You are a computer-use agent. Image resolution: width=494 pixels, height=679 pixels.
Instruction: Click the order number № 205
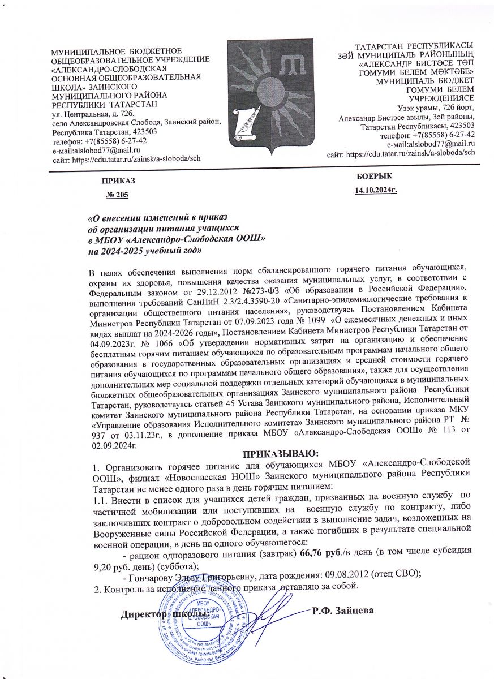tap(118, 196)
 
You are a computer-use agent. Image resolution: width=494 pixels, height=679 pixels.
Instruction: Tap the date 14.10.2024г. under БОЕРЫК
tap(375, 191)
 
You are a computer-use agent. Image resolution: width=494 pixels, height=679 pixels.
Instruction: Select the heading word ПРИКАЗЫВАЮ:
tap(281, 453)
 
